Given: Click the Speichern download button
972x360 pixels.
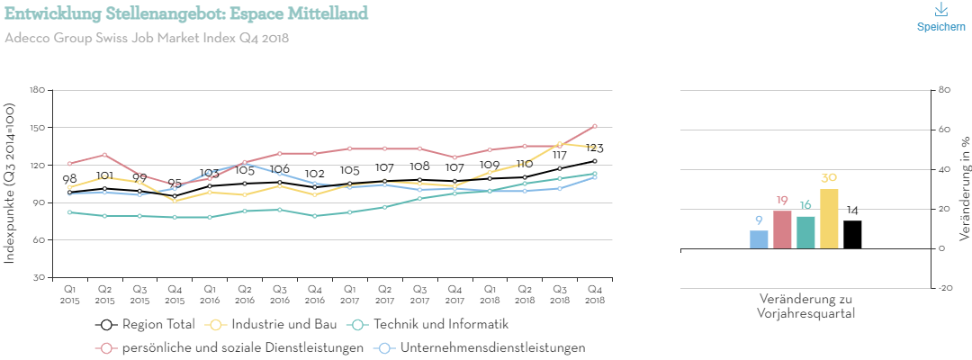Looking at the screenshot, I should tap(940, 18).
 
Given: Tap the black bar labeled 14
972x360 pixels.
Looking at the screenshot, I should tap(852, 234).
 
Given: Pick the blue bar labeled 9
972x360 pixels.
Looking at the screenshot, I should tap(759, 239).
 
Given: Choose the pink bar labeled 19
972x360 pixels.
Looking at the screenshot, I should tap(782, 229).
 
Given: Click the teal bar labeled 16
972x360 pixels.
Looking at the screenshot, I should tap(805, 232).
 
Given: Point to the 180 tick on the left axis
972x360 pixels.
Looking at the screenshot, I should tap(37, 90).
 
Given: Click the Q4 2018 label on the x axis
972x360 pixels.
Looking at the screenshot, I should tap(595, 294).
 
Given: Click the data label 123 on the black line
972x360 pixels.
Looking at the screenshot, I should tap(594, 148).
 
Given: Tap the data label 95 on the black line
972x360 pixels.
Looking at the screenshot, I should tap(175, 183).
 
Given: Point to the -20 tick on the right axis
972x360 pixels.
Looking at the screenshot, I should tap(944, 288).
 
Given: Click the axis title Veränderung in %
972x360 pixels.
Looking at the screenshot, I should tap(965, 179).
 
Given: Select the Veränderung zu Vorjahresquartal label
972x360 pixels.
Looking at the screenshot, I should tap(805, 306).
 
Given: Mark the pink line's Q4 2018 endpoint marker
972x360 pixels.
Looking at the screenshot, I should tap(595, 126).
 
